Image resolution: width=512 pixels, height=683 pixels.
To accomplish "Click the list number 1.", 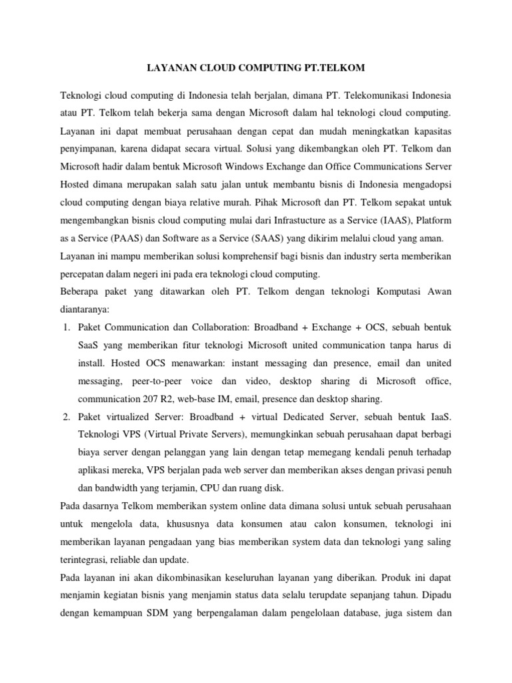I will point(66,328).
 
